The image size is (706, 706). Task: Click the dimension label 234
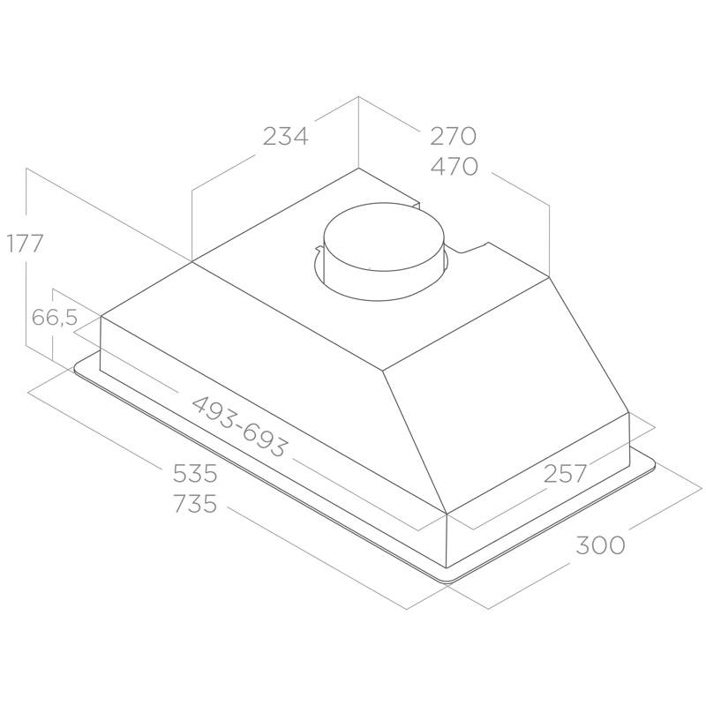285,136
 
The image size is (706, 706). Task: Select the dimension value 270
453,136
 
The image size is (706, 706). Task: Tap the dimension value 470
454,167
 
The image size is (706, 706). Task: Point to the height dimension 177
25,244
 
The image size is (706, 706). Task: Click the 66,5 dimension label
55,318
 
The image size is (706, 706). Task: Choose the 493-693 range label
239,426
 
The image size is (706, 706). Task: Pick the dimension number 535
195,474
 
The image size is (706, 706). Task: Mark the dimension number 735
195,503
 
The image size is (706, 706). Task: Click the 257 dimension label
565,473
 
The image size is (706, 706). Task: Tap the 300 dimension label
600,545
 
